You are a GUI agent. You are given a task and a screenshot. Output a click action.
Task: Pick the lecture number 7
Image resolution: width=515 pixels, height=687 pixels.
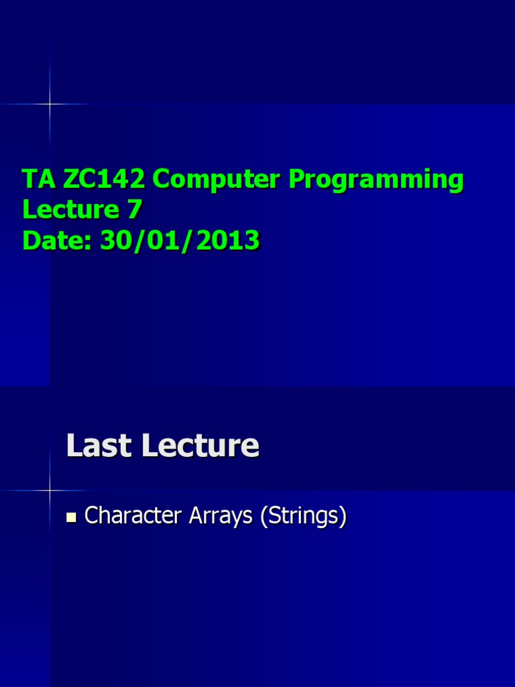click(x=134, y=210)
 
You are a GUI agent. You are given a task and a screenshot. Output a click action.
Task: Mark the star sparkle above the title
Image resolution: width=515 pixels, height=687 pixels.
click(x=50, y=104)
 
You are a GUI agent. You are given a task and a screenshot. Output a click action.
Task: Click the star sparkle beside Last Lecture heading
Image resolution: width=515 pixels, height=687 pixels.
click(x=50, y=490)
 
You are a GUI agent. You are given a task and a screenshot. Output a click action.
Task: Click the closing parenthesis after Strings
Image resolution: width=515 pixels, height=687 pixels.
click(x=343, y=517)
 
